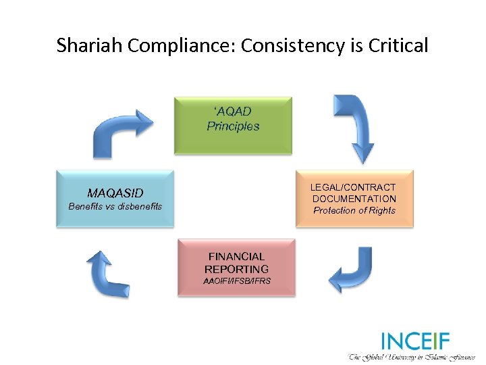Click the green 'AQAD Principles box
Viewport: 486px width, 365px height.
(x=233, y=125)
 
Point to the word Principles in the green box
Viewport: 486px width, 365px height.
(x=233, y=126)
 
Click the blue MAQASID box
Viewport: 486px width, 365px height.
(x=115, y=198)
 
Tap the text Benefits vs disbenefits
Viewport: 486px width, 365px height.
(x=115, y=207)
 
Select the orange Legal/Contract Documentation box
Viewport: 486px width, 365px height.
(x=354, y=198)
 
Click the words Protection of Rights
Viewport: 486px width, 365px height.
(x=354, y=211)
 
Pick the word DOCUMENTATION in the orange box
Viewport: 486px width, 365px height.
(x=354, y=199)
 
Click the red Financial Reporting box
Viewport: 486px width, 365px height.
(x=236, y=267)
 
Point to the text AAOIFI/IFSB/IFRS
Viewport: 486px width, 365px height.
(x=236, y=281)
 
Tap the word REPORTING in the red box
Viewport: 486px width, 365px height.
(x=236, y=269)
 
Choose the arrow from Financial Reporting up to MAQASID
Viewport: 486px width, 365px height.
(x=108, y=274)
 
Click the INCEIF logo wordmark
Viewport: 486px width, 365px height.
(x=414, y=340)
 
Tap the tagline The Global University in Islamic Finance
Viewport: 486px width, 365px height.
(x=412, y=356)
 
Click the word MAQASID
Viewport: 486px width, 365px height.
(x=115, y=193)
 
